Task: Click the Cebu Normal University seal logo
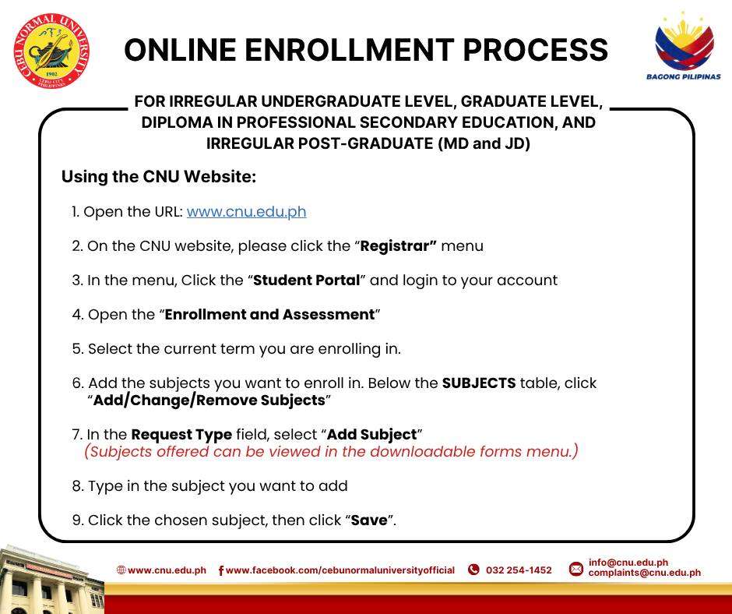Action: click(51, 51)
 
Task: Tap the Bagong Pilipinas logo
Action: click(684, 46)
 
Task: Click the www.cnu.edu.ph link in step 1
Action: click(247, 212)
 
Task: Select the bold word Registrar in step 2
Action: click(398, 245)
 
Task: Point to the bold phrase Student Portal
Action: click(306, 280)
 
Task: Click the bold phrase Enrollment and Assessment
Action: click(269, 314)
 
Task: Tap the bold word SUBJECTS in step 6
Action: click(478, 383)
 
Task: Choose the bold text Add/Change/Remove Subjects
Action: click(209, 400)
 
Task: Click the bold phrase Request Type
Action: click(181, 435)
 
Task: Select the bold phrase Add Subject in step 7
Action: click(371, 435)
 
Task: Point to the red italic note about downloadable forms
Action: click(331, 451)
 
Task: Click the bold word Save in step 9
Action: click(369, 520)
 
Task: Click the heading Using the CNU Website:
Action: click(159, 177)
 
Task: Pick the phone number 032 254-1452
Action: click(519, 570)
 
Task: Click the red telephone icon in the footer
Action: click(473, 570)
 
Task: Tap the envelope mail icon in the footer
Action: click(576, 569)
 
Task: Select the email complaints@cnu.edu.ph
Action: click(644, 573)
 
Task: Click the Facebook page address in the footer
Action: click(340, 570)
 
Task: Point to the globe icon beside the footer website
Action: click(121, 570)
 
